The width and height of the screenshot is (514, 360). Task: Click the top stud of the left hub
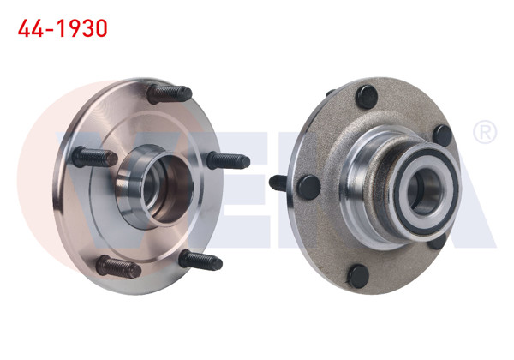pos(169,93)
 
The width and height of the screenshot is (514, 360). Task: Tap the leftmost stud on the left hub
pos(94,158)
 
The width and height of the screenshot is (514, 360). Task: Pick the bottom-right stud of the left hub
pos(200,259)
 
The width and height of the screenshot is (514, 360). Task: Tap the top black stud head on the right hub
pos(365,94)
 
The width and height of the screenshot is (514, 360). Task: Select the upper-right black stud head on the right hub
pos(442,135)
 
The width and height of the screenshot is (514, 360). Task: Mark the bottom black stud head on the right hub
pos(358,274)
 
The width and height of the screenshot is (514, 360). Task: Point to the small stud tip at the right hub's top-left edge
pos(330,92)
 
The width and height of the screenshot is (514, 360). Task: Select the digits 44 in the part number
pos(31,29)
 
